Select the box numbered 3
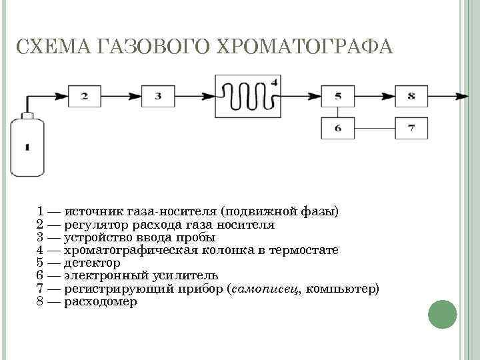[x=158, y=96]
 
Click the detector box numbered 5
[x=338, y=96]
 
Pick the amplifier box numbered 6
[x=338, y=127]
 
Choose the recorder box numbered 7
[x=411, y=127]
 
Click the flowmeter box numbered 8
[x=411, y=96]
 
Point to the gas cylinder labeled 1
[x=27, y=147]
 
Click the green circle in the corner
[x=441, y=314]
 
